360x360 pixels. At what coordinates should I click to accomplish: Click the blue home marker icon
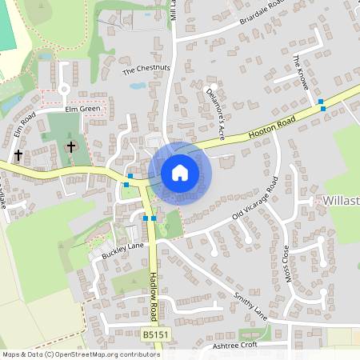coord(180,173)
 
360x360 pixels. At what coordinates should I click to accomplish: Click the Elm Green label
coord(82,108)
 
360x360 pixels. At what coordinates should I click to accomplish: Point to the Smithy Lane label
coord(247,308)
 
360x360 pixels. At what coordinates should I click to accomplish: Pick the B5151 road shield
coord(157,334)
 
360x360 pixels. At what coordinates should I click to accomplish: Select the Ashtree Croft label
coord(236,345)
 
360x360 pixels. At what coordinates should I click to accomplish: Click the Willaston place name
coord(343,199)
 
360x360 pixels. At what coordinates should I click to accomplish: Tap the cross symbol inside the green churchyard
coord(71,147)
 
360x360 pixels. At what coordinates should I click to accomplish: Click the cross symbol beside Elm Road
coord(17,154)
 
